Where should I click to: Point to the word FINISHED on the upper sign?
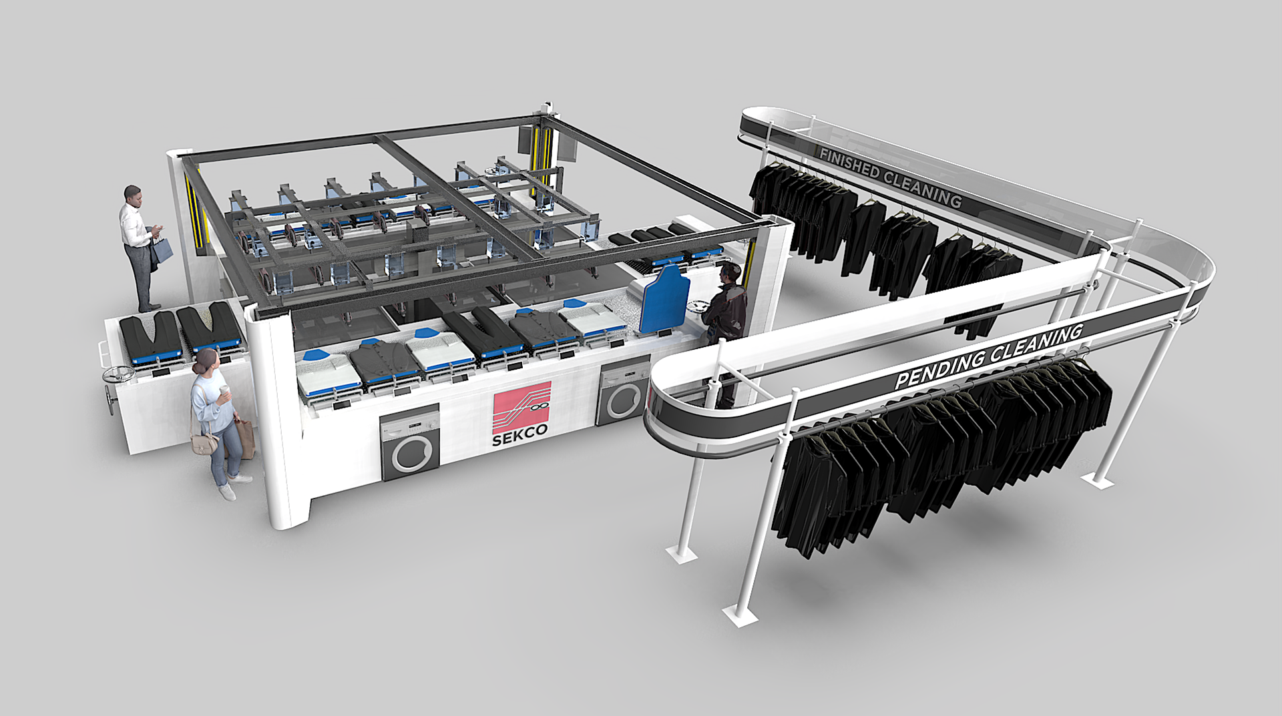(849, 165)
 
